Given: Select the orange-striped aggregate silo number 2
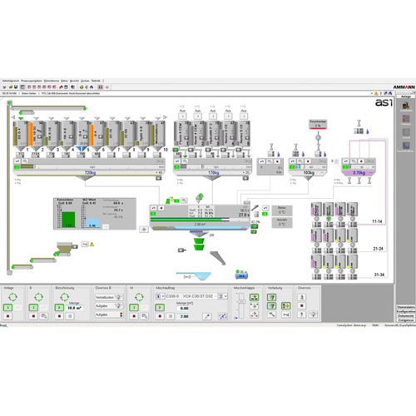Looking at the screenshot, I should click(x=29, y=135).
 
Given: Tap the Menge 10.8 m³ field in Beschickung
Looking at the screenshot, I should click(x=74, y=306).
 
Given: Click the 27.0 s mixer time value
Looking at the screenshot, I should click(x=243, y=213).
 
